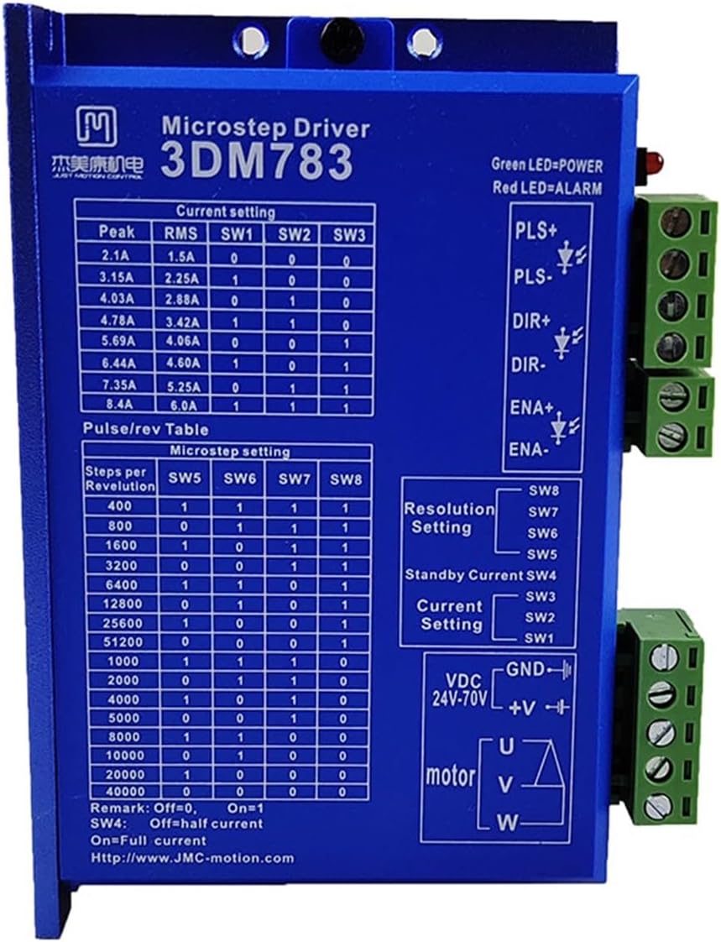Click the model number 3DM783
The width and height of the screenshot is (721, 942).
(x=257, y=161)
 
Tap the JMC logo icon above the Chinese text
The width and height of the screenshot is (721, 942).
(x=97, y=125)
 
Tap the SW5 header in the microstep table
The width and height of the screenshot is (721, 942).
(x=184, y=479)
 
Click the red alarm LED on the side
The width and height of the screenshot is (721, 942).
(x=651, y=158)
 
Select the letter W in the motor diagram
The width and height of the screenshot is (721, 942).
(x=508, y=821)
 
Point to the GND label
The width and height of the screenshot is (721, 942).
(x=525, y=669)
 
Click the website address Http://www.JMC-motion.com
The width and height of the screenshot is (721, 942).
(x=193, y=858)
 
